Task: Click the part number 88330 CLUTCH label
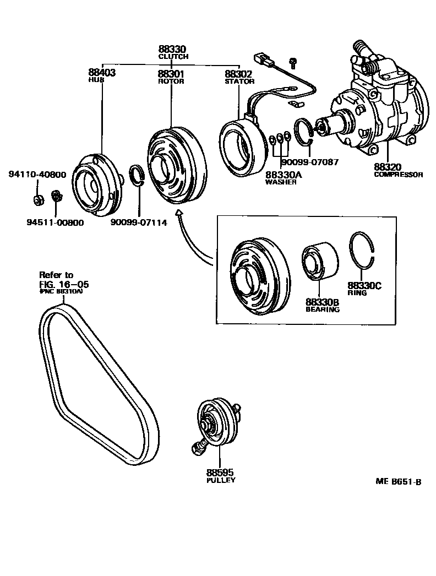172,52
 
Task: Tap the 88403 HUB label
101,75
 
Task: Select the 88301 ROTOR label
171,76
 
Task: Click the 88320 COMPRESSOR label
398,170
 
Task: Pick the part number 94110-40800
37,175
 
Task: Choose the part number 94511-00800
56,222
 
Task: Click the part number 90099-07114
139,222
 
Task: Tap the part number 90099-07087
309,162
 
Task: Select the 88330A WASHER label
284,178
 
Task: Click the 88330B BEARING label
323,305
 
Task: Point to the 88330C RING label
364,289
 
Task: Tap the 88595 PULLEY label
221,475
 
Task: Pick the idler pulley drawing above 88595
215,425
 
